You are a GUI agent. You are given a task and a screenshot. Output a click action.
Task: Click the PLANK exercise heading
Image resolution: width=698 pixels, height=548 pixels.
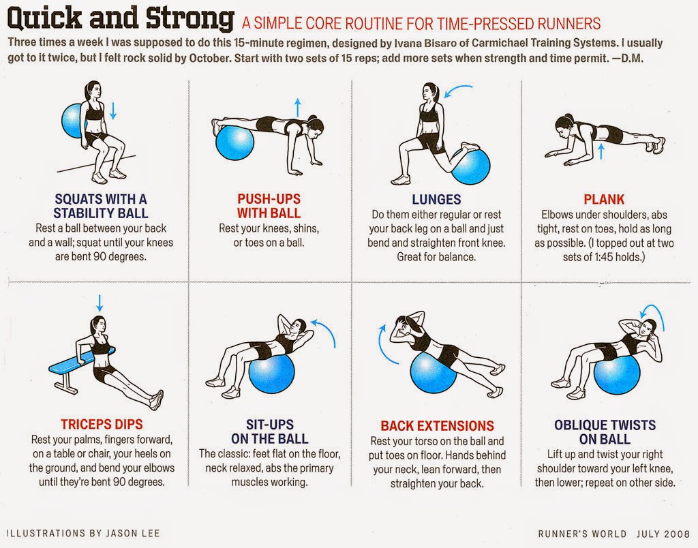click(604, 199)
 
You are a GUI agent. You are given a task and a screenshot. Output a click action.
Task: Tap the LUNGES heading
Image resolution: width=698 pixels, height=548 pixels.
click(436, 199)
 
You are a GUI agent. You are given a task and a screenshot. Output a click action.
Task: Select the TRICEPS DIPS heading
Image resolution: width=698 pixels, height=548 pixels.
click(102, 424)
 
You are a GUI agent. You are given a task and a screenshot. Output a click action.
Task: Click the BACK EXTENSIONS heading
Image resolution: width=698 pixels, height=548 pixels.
click(437, 426)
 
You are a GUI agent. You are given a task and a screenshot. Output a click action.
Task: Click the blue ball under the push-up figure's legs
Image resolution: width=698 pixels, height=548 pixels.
click(234, 142)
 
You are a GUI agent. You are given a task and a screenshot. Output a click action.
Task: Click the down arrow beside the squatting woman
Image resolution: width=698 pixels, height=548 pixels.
click(113, 111)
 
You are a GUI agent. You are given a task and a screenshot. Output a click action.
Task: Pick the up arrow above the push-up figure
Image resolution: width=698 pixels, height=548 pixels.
click(298, 108)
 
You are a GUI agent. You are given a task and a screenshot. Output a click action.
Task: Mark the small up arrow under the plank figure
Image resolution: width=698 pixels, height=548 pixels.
click(601, 151)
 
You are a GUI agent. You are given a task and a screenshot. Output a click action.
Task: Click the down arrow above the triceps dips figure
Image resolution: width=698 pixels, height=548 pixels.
click(100, 303)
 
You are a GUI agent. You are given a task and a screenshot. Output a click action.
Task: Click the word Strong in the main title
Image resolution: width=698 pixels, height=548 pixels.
click(190, 18)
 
